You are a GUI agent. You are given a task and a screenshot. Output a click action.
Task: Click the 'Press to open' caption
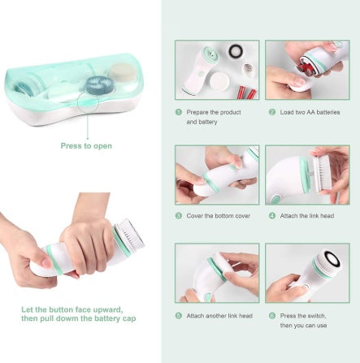point(86,146)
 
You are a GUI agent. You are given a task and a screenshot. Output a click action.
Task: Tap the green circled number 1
point(178,112)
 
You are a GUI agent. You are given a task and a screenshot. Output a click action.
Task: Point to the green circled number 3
point(178,216)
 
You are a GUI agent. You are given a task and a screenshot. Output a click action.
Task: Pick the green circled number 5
point(178,315)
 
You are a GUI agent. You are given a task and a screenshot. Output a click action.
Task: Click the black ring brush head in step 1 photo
point(236,51)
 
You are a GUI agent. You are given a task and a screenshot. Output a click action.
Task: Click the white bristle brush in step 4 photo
point(319,173)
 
